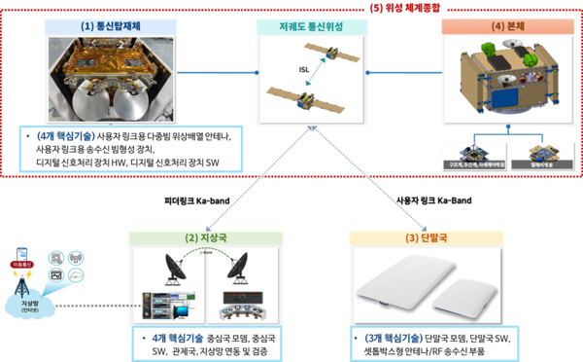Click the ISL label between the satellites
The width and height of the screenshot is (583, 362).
click(305, 68)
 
